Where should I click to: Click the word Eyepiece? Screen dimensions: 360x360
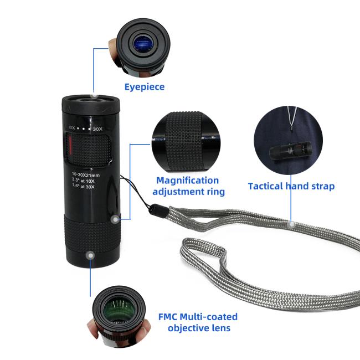[145, 87]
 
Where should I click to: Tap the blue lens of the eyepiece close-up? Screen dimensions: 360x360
[144, 43]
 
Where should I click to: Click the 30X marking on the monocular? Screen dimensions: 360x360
[97, 129]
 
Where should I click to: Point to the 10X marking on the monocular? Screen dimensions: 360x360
[71, 127]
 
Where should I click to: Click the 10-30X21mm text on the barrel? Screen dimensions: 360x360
[86, 174]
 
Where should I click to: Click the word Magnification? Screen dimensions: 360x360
[188, 181]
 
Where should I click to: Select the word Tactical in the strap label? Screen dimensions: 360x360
[265, 186]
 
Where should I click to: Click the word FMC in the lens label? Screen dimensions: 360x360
[168, 317]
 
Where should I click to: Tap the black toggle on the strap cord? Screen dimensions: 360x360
[158, 211]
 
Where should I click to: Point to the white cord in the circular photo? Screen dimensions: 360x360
[292, 117]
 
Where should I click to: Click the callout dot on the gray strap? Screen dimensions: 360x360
[291, 224]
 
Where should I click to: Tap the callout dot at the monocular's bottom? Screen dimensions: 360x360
[91, 255]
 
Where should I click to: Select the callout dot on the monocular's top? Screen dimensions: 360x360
[95, 95]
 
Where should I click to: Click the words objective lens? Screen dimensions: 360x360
[199, 328]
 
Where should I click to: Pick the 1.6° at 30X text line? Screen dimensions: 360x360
[83, 186]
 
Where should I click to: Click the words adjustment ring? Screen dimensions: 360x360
[188, 192]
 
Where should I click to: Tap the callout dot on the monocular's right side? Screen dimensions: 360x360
[115, 219]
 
